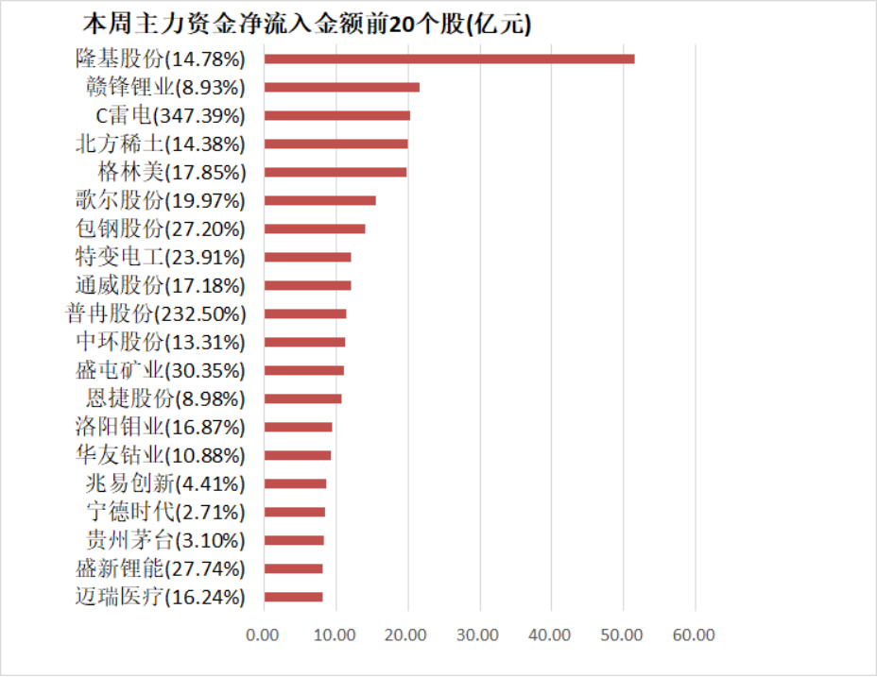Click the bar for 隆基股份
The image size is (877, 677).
click(x=449, y=59)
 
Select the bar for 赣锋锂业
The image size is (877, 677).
click(x=341, y=87)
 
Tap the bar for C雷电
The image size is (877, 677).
click(x=336, y=115)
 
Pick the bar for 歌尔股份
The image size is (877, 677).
click(x=319, y=200)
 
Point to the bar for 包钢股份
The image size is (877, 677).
click(x=314, y=228)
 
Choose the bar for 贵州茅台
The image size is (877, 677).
click(x=294, y=540)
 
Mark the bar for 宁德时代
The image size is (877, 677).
click(x=294, y=512)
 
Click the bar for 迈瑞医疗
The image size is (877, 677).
click(x=293, y=597)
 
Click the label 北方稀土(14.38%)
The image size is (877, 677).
click(x=160, y=144)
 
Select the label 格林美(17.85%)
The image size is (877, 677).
click(x=171, y=172)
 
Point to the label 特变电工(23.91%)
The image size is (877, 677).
click(x=160, y=257)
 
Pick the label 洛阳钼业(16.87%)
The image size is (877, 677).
click(x=160, y=427)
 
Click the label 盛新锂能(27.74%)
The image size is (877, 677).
click(x=160, y=568)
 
